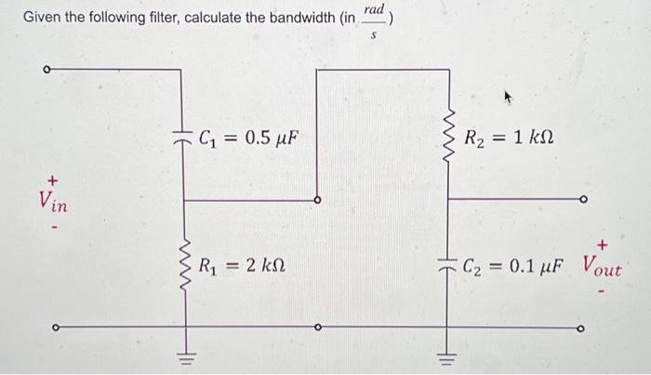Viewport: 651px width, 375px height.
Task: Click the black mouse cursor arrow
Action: tap(509, 96)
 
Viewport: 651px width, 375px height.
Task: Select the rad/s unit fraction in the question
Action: tap(374, 18)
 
